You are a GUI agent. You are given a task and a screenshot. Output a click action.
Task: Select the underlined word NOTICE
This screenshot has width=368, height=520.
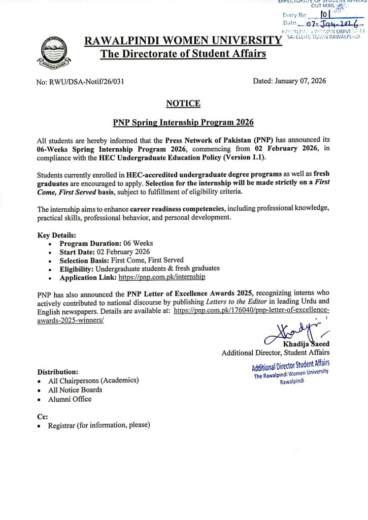point(183,104)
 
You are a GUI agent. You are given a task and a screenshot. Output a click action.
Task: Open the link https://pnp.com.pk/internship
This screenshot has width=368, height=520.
point(162,278)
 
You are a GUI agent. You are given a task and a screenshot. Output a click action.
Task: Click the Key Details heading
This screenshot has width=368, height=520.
point(57,235)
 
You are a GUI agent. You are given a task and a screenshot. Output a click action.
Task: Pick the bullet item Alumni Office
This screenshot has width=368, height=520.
point(70,399)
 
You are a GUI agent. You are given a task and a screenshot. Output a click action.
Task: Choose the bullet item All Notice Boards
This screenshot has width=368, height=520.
point(75,390)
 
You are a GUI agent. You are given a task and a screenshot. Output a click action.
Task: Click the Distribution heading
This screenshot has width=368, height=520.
point(58,372)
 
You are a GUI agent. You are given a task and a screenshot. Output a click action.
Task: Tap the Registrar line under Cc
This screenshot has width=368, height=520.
point(99,426)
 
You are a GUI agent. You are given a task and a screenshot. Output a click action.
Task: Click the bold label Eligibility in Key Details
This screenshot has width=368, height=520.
point(77,269)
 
